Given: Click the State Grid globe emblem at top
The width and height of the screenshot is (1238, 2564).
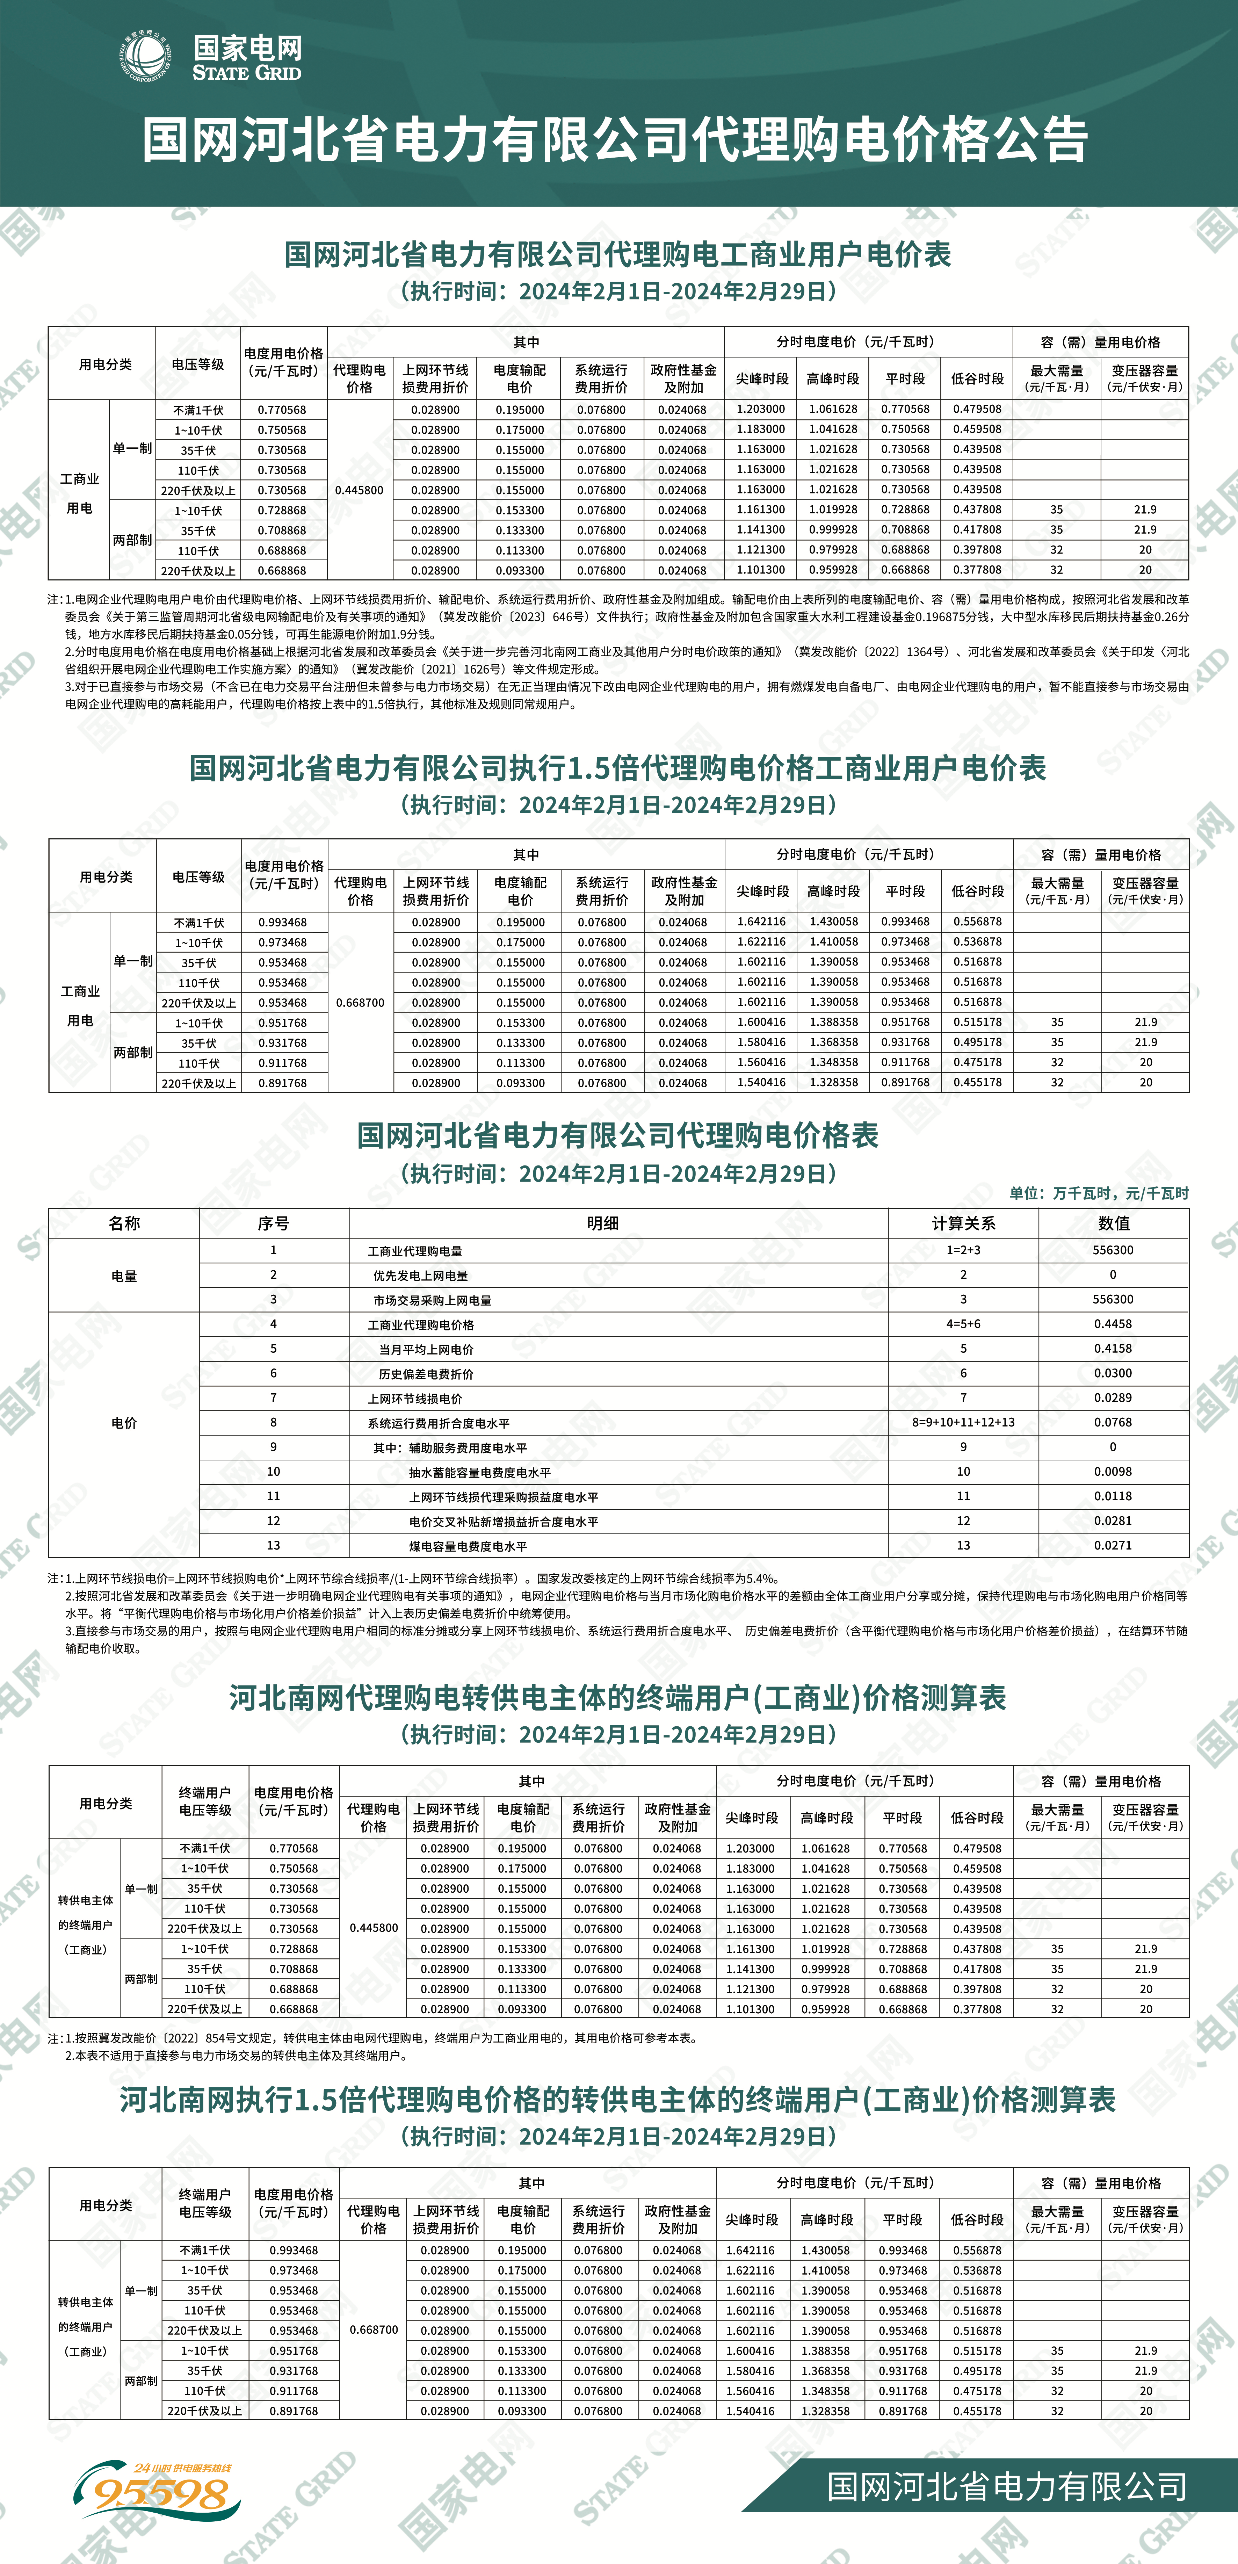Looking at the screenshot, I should point(145,56).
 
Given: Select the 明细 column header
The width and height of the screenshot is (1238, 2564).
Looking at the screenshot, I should point(603,1223).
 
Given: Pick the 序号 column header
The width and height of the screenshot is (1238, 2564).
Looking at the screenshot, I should point(274,1223).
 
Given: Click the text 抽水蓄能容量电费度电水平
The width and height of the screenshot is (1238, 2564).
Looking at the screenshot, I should point(480,1472).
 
